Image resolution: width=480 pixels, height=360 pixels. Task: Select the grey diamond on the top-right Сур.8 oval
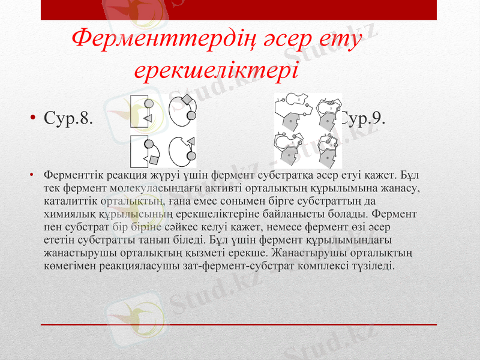coord(187,99)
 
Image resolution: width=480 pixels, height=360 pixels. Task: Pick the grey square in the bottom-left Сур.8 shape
coord(154,160)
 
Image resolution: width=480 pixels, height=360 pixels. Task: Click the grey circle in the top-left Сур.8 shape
coord(149,104)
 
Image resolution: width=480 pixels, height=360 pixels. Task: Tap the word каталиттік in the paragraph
coord(70,200)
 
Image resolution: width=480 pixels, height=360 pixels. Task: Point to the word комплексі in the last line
coord(329,264)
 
